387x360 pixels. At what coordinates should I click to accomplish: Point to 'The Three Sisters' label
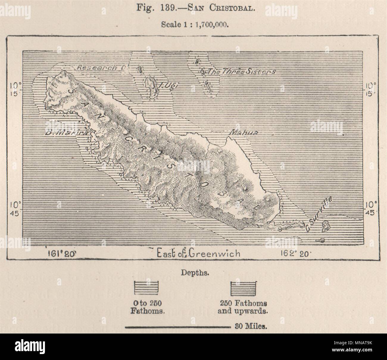pos(241,72)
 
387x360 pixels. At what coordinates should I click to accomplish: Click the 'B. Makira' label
pos(66,133)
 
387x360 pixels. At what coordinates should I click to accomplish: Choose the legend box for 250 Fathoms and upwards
pos(243,288)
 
